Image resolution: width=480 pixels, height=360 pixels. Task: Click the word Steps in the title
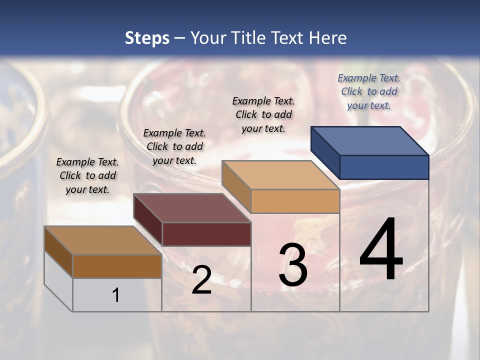pyautogui.click(x=147, y=38)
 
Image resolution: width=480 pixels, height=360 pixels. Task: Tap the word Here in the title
pyautogui.click(x=328, y=38)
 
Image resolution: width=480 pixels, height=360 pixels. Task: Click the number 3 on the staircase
pyautogui.click(x=293, y=265)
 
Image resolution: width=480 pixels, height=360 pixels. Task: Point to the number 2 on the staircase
pyautogui.click(x=201, y=280)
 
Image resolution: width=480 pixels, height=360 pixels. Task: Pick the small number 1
pyautogui.click(x=116, y=295)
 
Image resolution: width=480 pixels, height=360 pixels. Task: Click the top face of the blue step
pyautogui.click(x=370, y=140)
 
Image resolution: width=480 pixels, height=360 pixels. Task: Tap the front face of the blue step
pyautogui.click(x=384, y=167)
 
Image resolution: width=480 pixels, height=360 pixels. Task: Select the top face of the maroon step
pyautogui.click(x=192, y=207)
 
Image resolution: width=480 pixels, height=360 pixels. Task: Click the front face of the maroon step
pyautogui.click(x=206, y=234)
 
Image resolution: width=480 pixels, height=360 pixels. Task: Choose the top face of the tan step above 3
pyautogui.click(x=280, y=174)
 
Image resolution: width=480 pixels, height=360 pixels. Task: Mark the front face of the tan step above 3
pyautogui.click(x=295, y=201)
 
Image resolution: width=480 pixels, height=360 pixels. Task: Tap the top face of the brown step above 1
pyautogui.click(x=103, y=240)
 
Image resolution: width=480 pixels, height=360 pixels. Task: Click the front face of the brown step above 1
pyautogui.click(x=117, y=266)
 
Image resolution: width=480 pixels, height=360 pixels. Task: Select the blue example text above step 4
pyautogui.click(x=369, y=91)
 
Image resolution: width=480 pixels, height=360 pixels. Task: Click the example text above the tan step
pyautogui.click(x=263, y=114)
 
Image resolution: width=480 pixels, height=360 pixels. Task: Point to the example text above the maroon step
pyautogui.click(x=174, y=146)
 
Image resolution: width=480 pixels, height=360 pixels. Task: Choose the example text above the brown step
pyautogui.click(x=87, y=175)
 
